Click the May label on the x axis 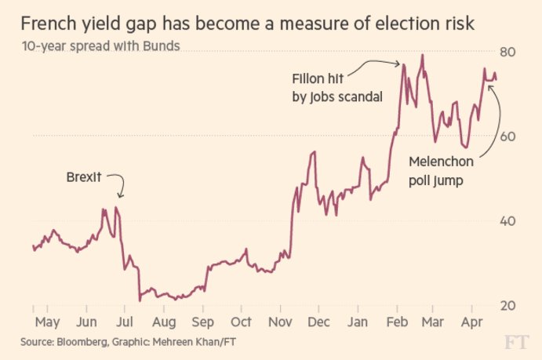coord(48,322)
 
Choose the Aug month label coord(163,322)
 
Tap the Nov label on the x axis coord(280,322)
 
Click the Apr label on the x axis coord(471,322)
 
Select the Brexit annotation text coord(84,177)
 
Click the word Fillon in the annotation coord(307,79)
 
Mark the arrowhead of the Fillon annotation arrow coord(401,64)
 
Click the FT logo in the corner coord(517,342)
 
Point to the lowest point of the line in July coord(139,300)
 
